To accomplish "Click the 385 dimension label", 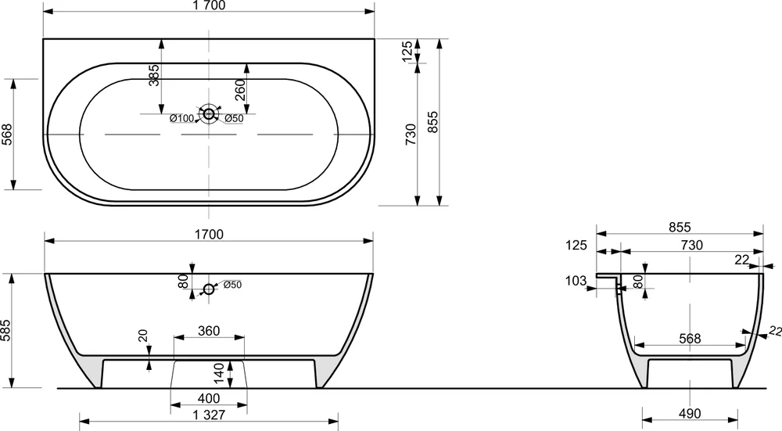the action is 155,75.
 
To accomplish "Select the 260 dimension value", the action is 240,90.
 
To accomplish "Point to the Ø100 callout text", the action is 181,118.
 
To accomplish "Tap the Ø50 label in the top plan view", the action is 234,118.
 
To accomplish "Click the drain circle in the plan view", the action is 209,114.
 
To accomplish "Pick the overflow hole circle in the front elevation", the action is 209,289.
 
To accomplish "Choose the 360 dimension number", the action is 209,331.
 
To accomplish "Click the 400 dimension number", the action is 209,398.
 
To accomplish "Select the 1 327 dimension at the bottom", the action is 209,415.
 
